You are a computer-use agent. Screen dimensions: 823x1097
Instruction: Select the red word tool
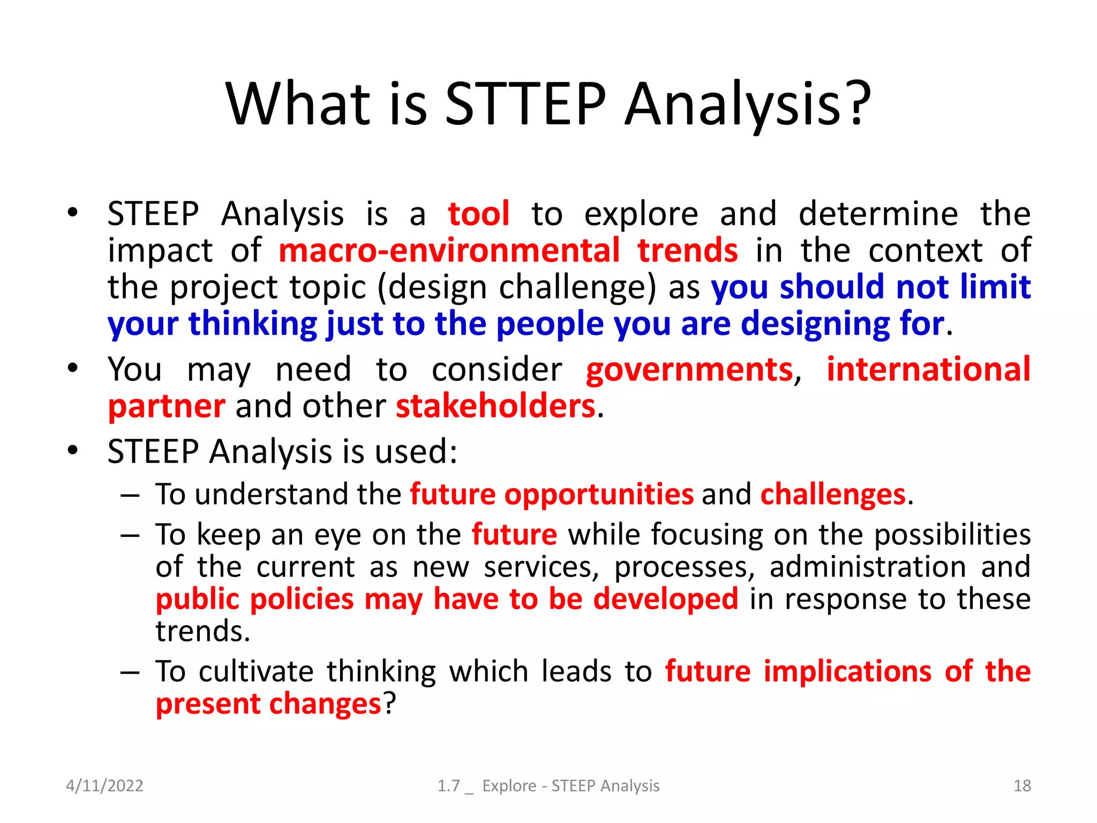pyautogui.click(x=478, y=214)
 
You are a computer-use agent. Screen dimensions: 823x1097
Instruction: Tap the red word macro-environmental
pyautogui.click(x=449, y=251)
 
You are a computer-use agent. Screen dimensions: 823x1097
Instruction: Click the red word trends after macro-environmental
pyautogui.click(x=687, y=251)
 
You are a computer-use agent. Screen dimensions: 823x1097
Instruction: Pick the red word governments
pyautogui.click(x=689, y=370)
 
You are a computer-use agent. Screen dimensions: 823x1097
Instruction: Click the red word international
pyautogui.click(x=928, y=370)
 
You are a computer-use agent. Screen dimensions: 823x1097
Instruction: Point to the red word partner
pyautogui.click(x=167, y=406)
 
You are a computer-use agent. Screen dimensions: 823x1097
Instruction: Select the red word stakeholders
pyautogui.click(x=495, y=406)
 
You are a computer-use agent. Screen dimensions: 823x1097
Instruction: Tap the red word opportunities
pyautogui.click(x=599, y=494)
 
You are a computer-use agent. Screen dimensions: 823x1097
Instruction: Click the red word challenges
pyautogui.click(x=833, y=494)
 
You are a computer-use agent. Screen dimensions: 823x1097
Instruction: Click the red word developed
pyautogui.click(x=665, y=599)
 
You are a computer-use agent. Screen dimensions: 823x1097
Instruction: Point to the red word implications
pyautogui.click(x=847, y=671)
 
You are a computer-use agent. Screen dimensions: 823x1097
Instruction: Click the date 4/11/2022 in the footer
pyautogui.click(x=104, y=785)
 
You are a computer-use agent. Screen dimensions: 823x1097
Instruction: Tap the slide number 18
pyautogui.click(x=1022, y=785)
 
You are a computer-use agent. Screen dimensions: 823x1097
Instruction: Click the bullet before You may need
pyautogui.click(x=73, y=369)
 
